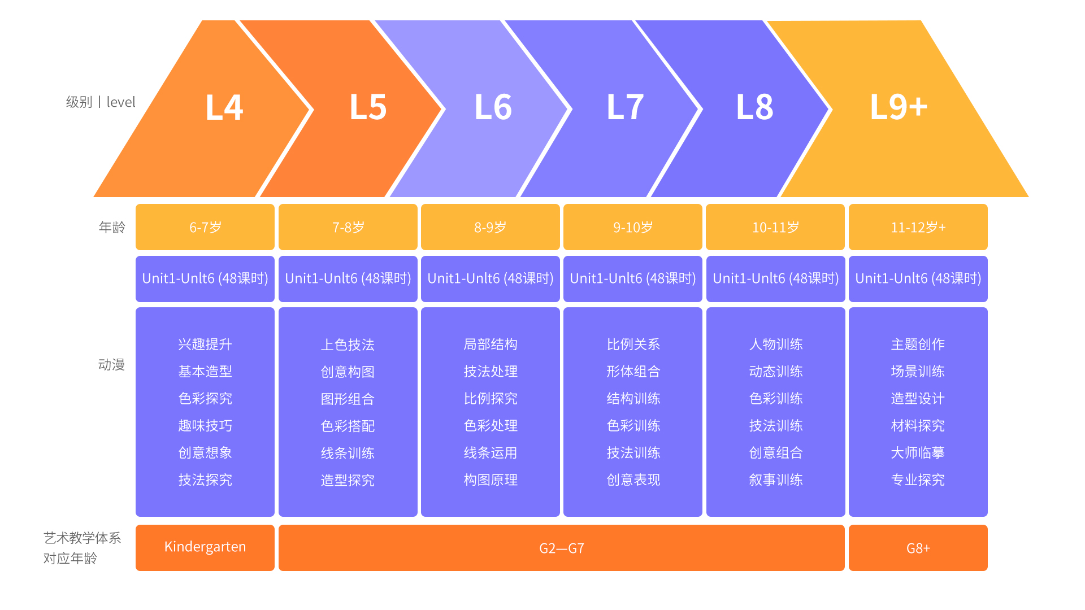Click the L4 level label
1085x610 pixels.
224,107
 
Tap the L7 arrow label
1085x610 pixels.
625,107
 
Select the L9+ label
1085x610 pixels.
899,107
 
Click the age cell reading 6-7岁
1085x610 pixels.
205,227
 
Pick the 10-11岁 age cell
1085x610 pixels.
775,227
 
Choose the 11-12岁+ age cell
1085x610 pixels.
918,227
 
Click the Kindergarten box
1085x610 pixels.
205,548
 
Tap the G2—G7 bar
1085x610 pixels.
562,548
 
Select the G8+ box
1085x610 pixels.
918,548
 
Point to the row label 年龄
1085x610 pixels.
112,227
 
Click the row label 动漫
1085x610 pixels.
111,365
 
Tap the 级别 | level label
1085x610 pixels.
101,102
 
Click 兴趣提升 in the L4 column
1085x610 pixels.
205,345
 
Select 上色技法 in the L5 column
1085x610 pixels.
348,345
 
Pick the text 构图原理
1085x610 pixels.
491,480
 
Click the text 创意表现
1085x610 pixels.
633,480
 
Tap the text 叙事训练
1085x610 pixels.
776,480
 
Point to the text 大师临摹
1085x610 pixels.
918,453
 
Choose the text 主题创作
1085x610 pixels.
918,345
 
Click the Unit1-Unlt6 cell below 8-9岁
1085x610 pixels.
491,279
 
